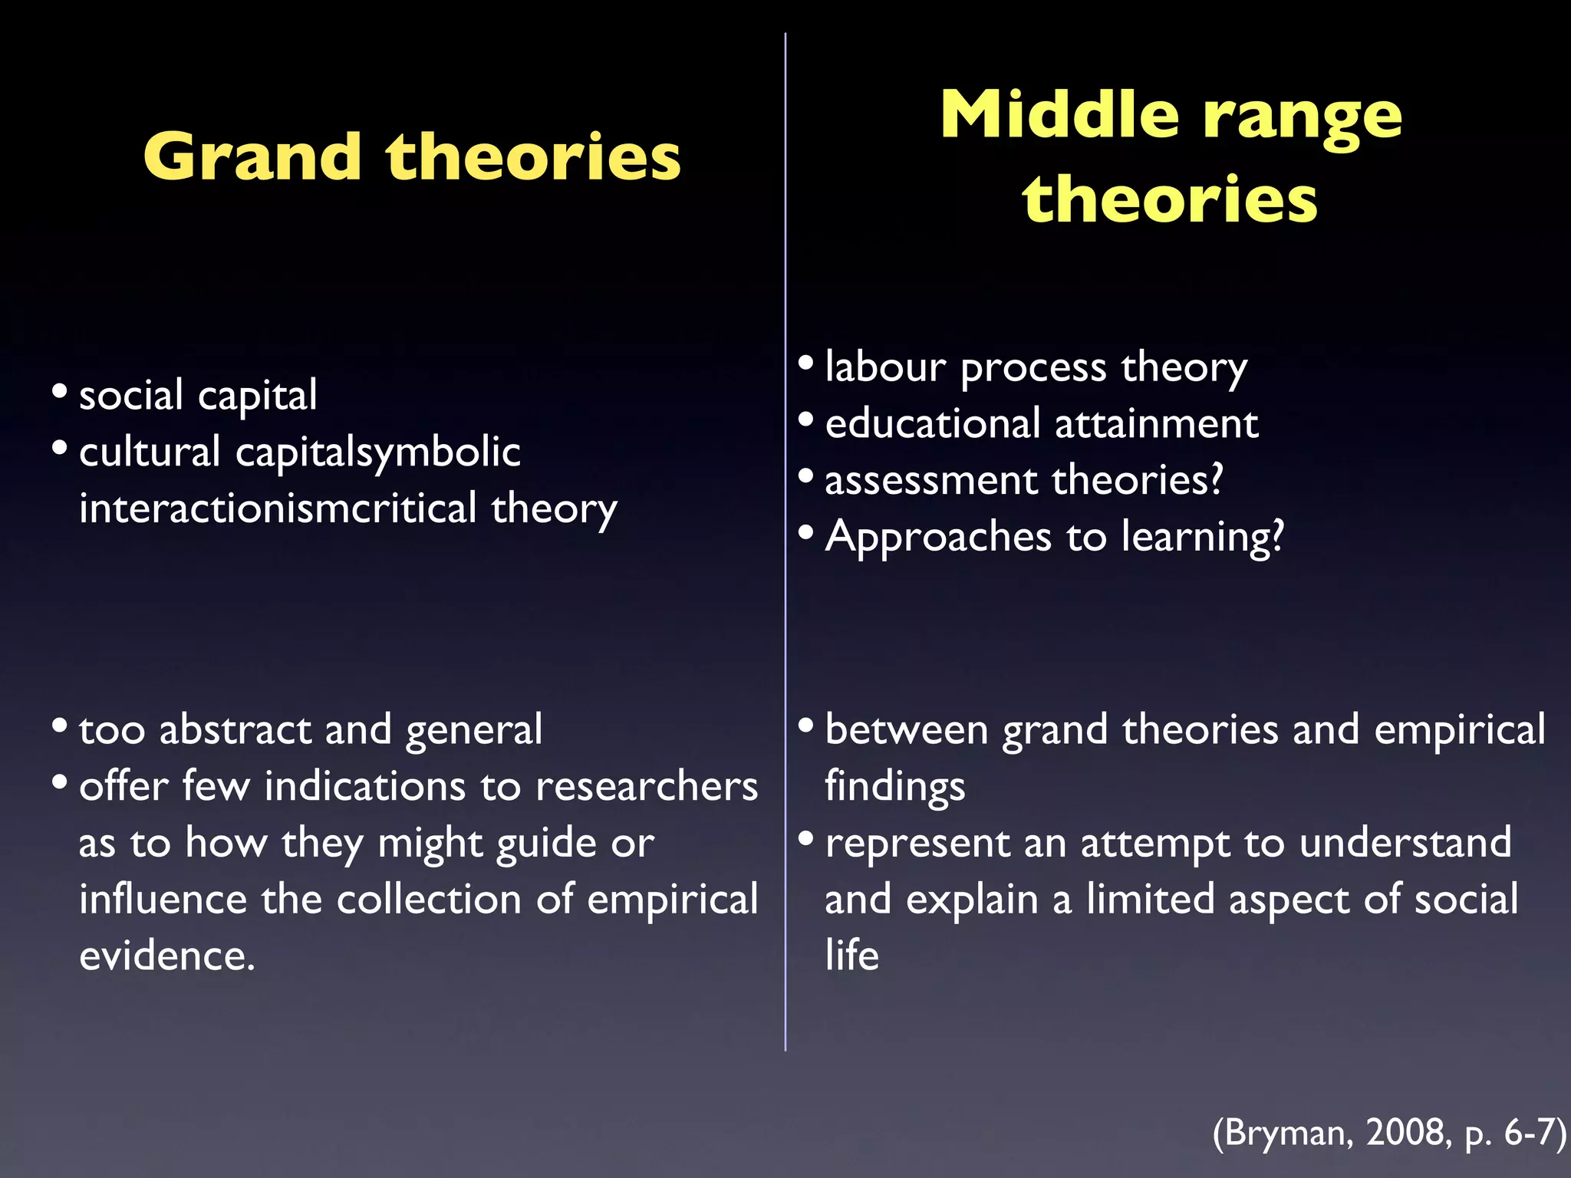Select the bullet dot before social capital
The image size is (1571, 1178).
point(60,391)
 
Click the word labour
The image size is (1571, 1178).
point(885,366)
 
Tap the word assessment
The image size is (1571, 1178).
point(930,481)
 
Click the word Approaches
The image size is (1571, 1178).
point(938,537)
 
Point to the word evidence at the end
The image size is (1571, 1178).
point(166,956)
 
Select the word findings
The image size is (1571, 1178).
point(894,788)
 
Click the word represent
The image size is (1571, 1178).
point(917,844)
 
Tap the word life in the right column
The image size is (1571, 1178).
point(851,956)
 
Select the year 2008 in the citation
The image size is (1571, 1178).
point(1407,1132)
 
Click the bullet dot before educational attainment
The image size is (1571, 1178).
point(805,420)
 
